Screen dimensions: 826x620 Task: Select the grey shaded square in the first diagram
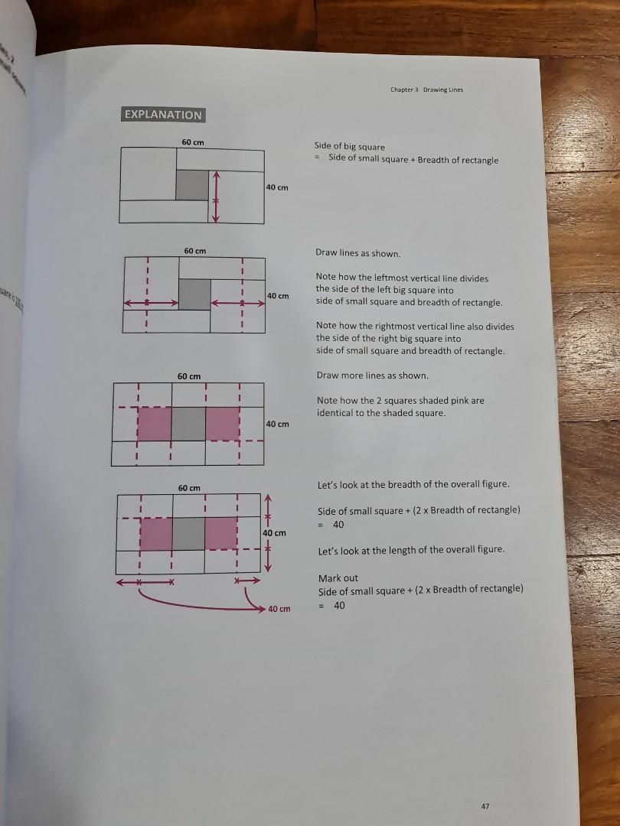click(192, 185)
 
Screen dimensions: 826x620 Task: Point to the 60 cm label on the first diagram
click(192, 142)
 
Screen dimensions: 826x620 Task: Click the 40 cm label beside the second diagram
click(278, 296)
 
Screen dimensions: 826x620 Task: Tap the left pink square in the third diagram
click(154, 424)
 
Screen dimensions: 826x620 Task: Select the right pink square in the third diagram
click(223, 424)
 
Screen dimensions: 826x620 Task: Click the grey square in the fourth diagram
click(189, 534)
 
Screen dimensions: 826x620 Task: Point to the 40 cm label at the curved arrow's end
click(279, 609)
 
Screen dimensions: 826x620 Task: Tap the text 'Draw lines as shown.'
click(357, 253)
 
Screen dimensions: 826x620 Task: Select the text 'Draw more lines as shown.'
click(373, 376)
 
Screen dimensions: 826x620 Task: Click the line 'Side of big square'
click(350, 146)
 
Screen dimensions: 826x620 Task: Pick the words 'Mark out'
click(338, 578)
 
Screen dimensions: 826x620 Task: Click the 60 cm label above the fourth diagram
click(189, 487)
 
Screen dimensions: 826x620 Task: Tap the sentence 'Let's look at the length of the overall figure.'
click(411, 550)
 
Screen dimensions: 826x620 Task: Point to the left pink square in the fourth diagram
click(155, 534)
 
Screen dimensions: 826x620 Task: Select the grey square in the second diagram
click(194, 294)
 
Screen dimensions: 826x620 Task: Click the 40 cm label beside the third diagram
click(278, 424)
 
